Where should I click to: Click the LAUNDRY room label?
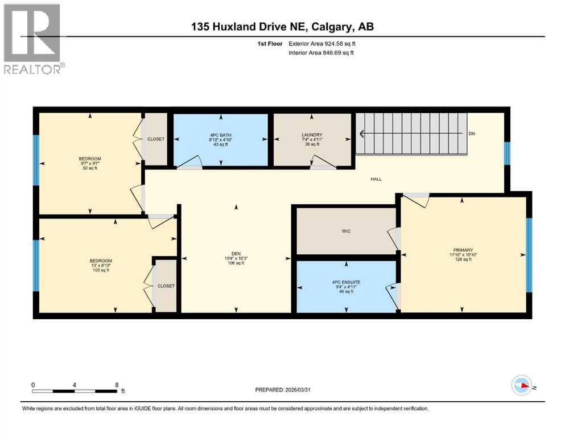coord(312,135)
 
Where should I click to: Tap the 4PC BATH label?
coord(220,135)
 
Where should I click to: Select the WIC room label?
coord(346,231)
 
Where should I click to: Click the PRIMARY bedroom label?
coord(463,251)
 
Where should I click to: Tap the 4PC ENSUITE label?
coord(347,282)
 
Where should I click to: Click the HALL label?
coord(376,179)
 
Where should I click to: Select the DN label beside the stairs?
coord(471,134)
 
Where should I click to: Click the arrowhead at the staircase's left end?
coord(361,134)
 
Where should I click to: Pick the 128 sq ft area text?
coord(463,260)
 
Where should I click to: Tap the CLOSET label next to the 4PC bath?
coord(156,139)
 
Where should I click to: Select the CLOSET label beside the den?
coord(166,286)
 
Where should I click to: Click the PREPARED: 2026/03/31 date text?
coord(288,390)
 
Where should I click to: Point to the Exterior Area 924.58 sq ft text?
coord(323,43)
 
